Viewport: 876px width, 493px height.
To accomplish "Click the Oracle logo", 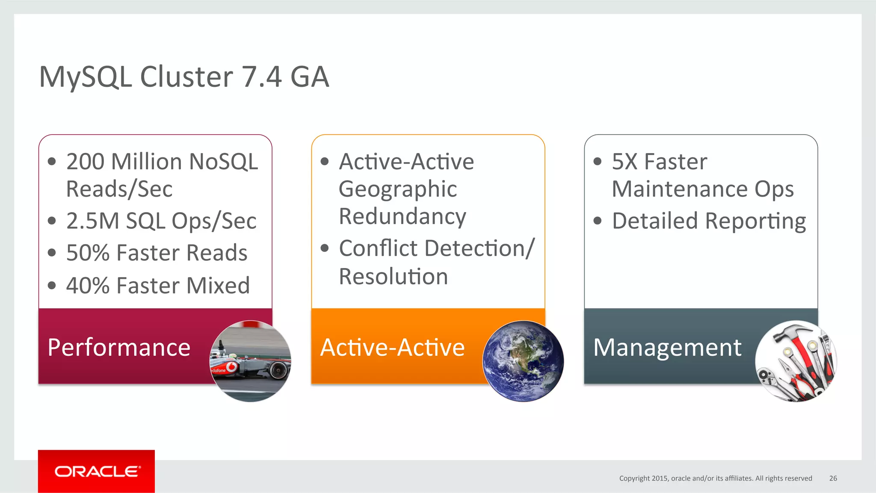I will (97, 471).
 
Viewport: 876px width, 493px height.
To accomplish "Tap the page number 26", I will (833, 478).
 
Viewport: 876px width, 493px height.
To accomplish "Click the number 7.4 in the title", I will (261, 77).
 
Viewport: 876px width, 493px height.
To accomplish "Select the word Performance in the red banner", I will (119, 347).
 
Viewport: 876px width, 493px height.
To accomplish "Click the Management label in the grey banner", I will (667, 347).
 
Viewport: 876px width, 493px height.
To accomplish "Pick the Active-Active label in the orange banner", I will (392, 347).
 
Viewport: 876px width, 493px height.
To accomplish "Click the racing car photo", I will (250, 361).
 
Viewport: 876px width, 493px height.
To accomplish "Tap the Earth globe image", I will (523, 361).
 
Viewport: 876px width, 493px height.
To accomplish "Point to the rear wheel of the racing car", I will (278, 369).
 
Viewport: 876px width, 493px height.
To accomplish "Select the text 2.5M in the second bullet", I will (92, 221).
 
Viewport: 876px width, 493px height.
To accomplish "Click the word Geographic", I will (397, 189).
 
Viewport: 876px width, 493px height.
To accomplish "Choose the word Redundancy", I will (402, 216).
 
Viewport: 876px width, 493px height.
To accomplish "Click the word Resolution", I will (393, 276).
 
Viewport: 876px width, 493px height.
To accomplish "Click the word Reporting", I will (755, 221).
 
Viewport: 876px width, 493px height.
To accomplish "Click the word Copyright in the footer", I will (634, 478).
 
